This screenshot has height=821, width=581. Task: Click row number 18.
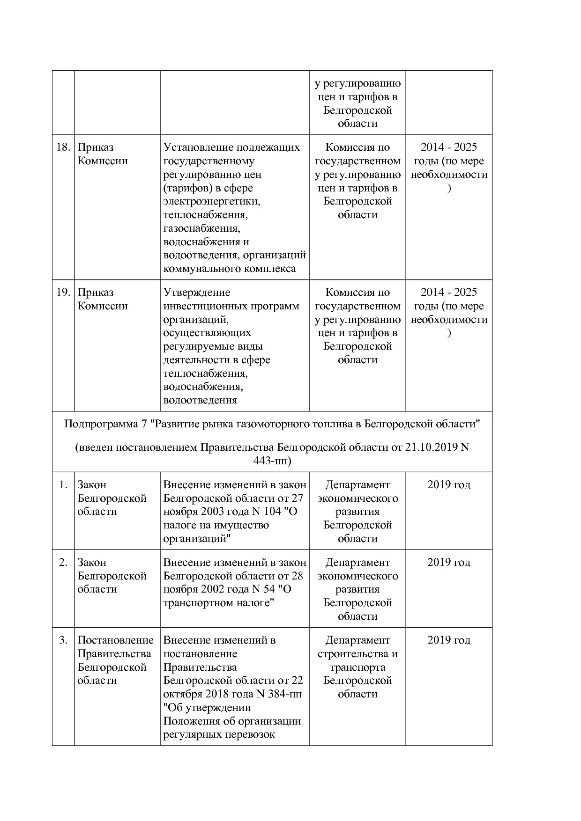63,147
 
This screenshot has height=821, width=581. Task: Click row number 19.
63,293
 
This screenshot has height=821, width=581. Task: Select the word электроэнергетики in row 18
211,202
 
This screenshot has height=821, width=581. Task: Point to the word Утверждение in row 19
197,293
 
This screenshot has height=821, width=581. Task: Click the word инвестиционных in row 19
200,306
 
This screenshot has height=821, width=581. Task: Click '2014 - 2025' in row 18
448,147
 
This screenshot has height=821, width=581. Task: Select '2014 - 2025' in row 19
448,293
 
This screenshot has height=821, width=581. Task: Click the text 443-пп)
272,461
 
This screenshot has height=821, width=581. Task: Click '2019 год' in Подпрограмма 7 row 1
448,485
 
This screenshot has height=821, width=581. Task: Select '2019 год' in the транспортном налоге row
448,563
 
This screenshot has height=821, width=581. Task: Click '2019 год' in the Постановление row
448,640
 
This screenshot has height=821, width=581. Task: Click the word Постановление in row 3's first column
115,640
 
